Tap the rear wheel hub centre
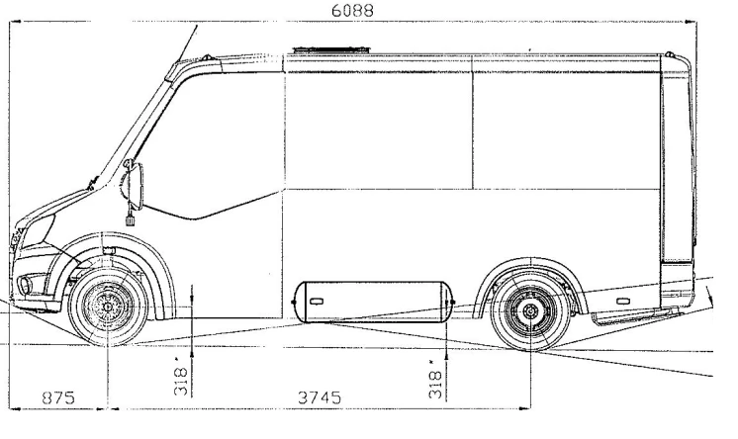tap(531, 311)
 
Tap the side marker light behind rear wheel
tap(619, 297)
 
